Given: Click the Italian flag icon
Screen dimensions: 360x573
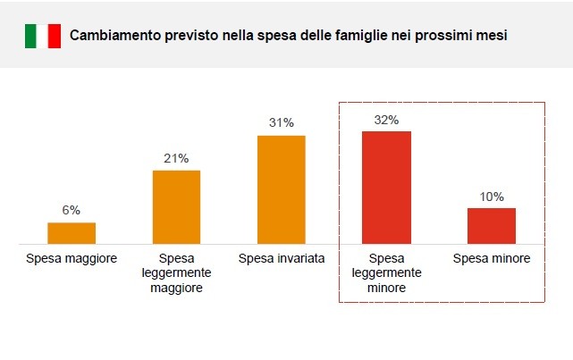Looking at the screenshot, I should tap(43, 36).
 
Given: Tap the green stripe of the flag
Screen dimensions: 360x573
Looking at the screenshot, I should tap(30, 36).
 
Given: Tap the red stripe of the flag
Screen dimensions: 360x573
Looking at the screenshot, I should tap(55, 36).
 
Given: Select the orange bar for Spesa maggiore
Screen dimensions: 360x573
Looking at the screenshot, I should tap(72, 232).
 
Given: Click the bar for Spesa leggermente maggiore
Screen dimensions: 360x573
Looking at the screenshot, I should tap(176, 206).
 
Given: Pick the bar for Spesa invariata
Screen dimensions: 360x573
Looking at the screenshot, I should tap(282, 189).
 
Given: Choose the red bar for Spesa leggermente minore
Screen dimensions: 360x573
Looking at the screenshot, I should tap(386, 187).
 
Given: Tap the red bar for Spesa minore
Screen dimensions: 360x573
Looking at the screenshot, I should tap(492, 225).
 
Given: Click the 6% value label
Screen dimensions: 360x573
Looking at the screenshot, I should tap(72, 210).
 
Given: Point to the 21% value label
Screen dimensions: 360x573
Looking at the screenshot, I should tap(176, 158).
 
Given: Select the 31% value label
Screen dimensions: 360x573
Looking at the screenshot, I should tap(282, 123).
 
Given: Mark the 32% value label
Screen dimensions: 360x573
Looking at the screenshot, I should tap(386, 119).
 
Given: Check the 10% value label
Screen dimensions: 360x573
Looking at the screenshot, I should tap(492, 197).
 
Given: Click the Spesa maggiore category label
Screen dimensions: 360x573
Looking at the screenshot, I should tap(72, 259).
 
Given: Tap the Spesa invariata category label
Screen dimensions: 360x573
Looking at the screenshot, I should tap(282, 259).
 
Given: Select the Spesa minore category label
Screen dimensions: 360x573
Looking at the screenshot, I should tap(492, 259).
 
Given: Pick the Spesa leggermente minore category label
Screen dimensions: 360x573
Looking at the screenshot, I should tap(386, 273).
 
